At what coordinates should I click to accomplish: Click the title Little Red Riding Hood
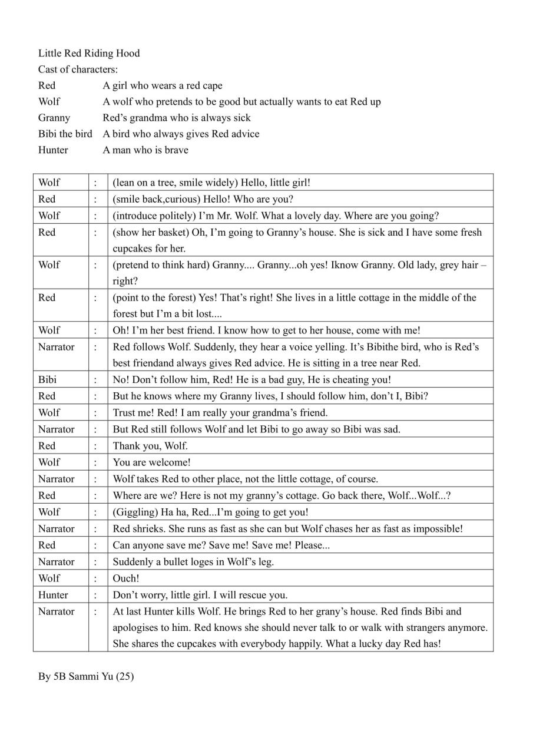click(x=89, y=54)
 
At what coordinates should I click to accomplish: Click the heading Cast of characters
click(x=78, y=70)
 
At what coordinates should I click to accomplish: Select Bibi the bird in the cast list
click(x=65, y=134)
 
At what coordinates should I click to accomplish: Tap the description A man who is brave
click(x=145, y=150)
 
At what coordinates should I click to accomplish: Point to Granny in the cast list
click(x=54, y=118)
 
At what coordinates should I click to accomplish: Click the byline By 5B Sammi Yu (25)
click(x=86, y=676)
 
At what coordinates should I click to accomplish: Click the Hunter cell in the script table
click(x=53, y=595)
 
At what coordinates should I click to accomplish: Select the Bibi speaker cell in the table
click(x=48, y=379)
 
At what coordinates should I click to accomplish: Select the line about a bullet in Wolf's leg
click(x=193, y=562)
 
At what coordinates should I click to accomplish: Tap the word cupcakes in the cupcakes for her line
click(x=134, y=249)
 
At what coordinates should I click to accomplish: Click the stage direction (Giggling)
click(x=133, y=512)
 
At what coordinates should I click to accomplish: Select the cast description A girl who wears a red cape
click(x=163, y=86)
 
